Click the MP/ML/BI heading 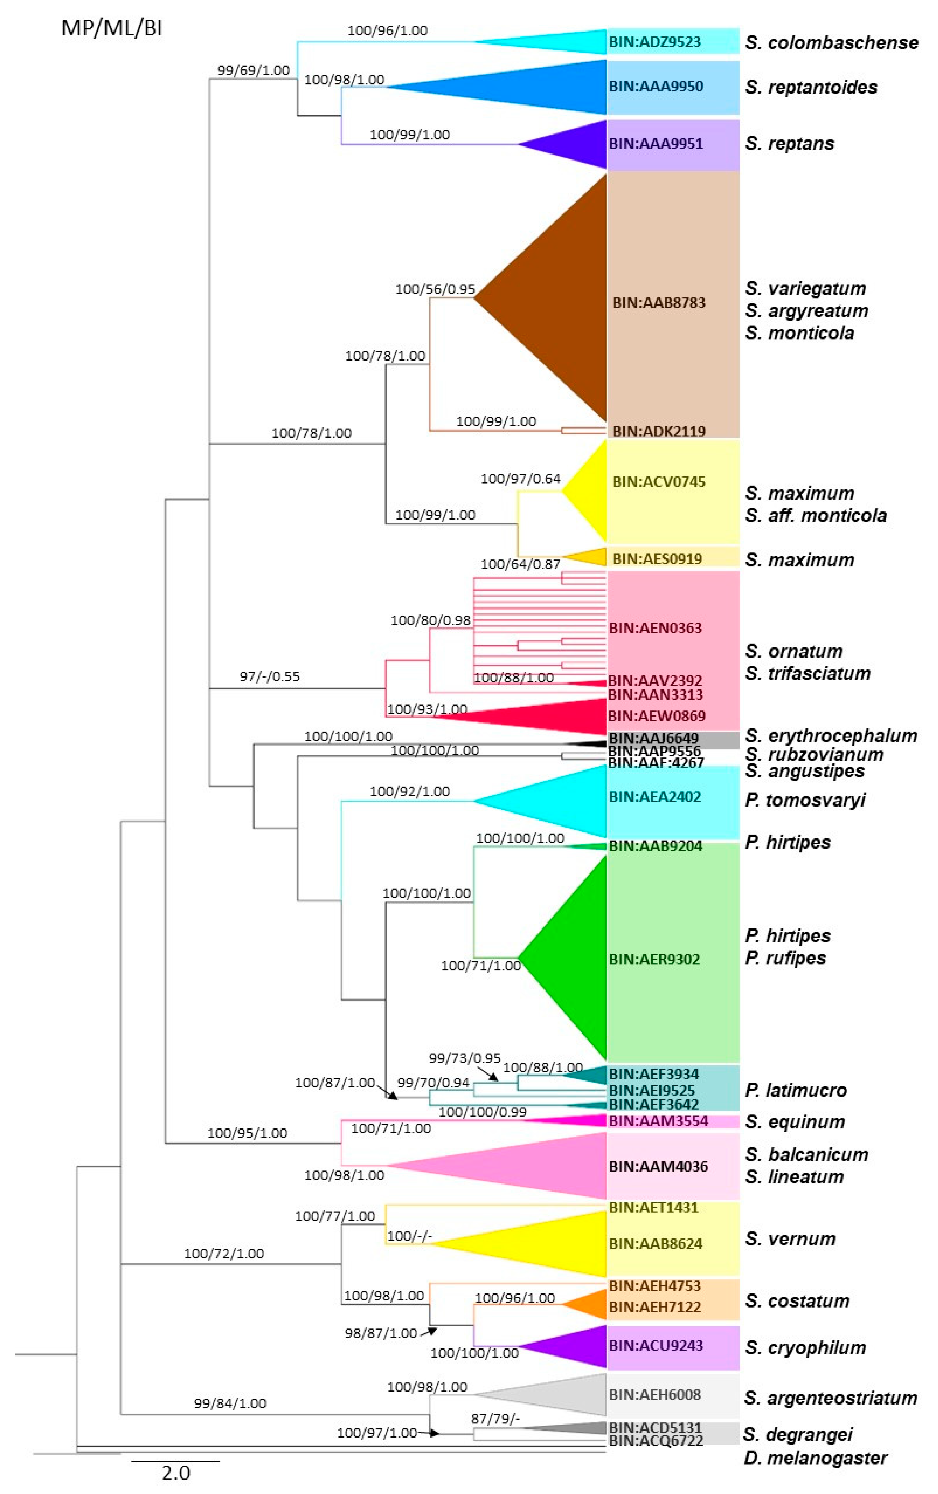click(112, 28)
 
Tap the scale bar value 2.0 click(176, 1472)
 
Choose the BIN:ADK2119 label click(658, 430)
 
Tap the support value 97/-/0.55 click(270, 676)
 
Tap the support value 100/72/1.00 click(224, 1253)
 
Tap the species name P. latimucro click(795, 1090)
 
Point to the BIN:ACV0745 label click(658, 482)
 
